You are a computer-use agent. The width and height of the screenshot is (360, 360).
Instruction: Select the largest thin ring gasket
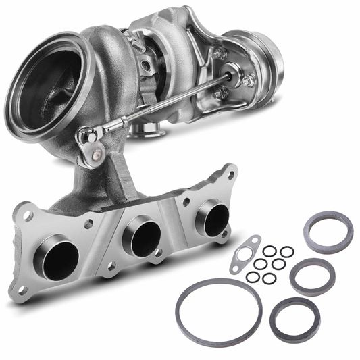(x=218, y=311)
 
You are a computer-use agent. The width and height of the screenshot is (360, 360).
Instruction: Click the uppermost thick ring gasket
(x=328, y=232)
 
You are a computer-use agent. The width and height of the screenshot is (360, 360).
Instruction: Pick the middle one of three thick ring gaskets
(x=312, y=276)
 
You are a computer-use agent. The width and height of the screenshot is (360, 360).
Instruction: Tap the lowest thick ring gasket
(x=294, y=319)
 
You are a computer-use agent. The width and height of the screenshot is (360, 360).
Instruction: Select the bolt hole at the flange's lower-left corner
(x=22, y=290)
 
